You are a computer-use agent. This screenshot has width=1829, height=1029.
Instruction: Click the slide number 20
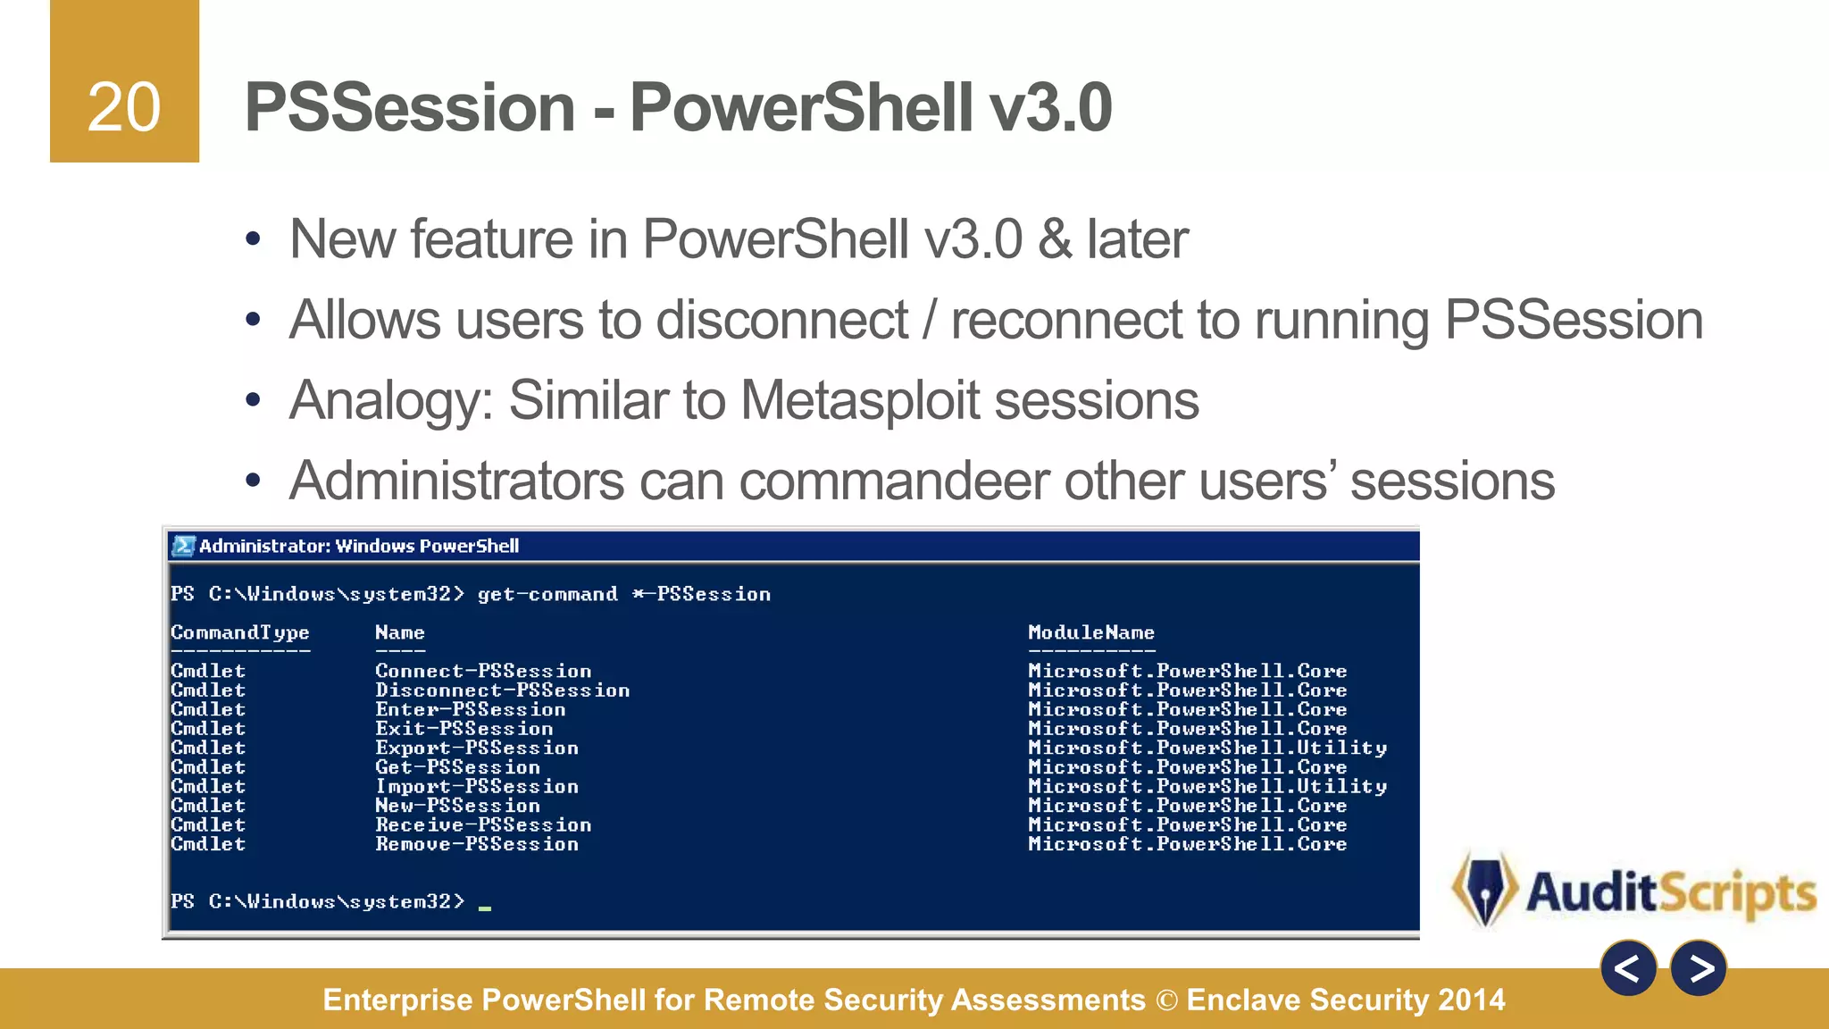point(124,108)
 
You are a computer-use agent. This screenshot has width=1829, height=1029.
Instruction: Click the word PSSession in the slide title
point(410,107)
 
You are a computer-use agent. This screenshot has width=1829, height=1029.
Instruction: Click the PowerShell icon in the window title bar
point(184,546)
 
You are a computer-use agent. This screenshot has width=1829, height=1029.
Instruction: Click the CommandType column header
point(239,632)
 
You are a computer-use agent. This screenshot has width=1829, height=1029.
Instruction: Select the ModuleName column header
point(1090,632)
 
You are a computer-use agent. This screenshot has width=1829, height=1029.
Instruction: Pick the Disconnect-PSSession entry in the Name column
point(502,690)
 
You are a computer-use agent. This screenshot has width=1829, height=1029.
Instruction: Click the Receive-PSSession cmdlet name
point(482,825)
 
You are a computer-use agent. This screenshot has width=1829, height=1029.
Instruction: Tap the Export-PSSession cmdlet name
point(476,749)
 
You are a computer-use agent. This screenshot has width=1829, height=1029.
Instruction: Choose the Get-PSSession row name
point(457,767)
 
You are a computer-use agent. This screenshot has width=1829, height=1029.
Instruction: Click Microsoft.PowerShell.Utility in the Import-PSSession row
point(1207,787)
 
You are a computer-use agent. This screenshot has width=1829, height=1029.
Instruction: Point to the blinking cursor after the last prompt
point(485,908)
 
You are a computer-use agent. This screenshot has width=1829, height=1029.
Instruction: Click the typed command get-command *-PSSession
point(623,594)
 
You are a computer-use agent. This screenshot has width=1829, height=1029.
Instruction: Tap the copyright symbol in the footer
point(1166,1000)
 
